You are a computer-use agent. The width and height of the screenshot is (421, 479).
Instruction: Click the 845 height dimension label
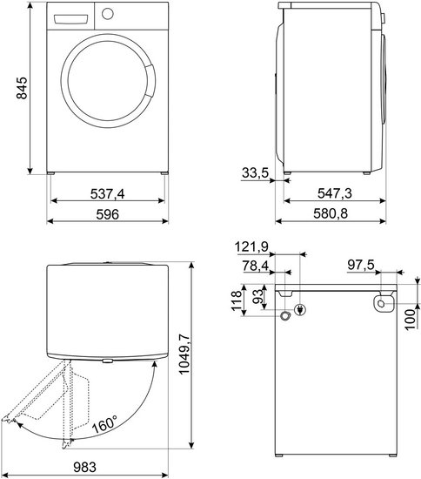tap(22, 88)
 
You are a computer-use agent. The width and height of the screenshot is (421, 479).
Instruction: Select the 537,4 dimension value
tap(107, 193)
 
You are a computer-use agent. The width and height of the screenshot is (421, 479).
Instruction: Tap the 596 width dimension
tap(107, 214)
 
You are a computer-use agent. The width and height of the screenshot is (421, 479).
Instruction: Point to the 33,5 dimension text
tap(255, 173)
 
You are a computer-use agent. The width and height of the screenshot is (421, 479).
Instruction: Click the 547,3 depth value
tap(335, 193)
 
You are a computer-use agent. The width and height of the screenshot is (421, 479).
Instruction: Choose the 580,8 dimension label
tap(331, 213)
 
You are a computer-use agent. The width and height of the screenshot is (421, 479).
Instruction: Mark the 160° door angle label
tap(104, 424)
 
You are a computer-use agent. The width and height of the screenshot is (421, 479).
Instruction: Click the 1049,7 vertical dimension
tap(184, 354)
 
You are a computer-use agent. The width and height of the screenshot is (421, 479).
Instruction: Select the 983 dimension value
tap(84, 468)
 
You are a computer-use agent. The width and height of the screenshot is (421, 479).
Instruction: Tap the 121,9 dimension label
tap(251, 246)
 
